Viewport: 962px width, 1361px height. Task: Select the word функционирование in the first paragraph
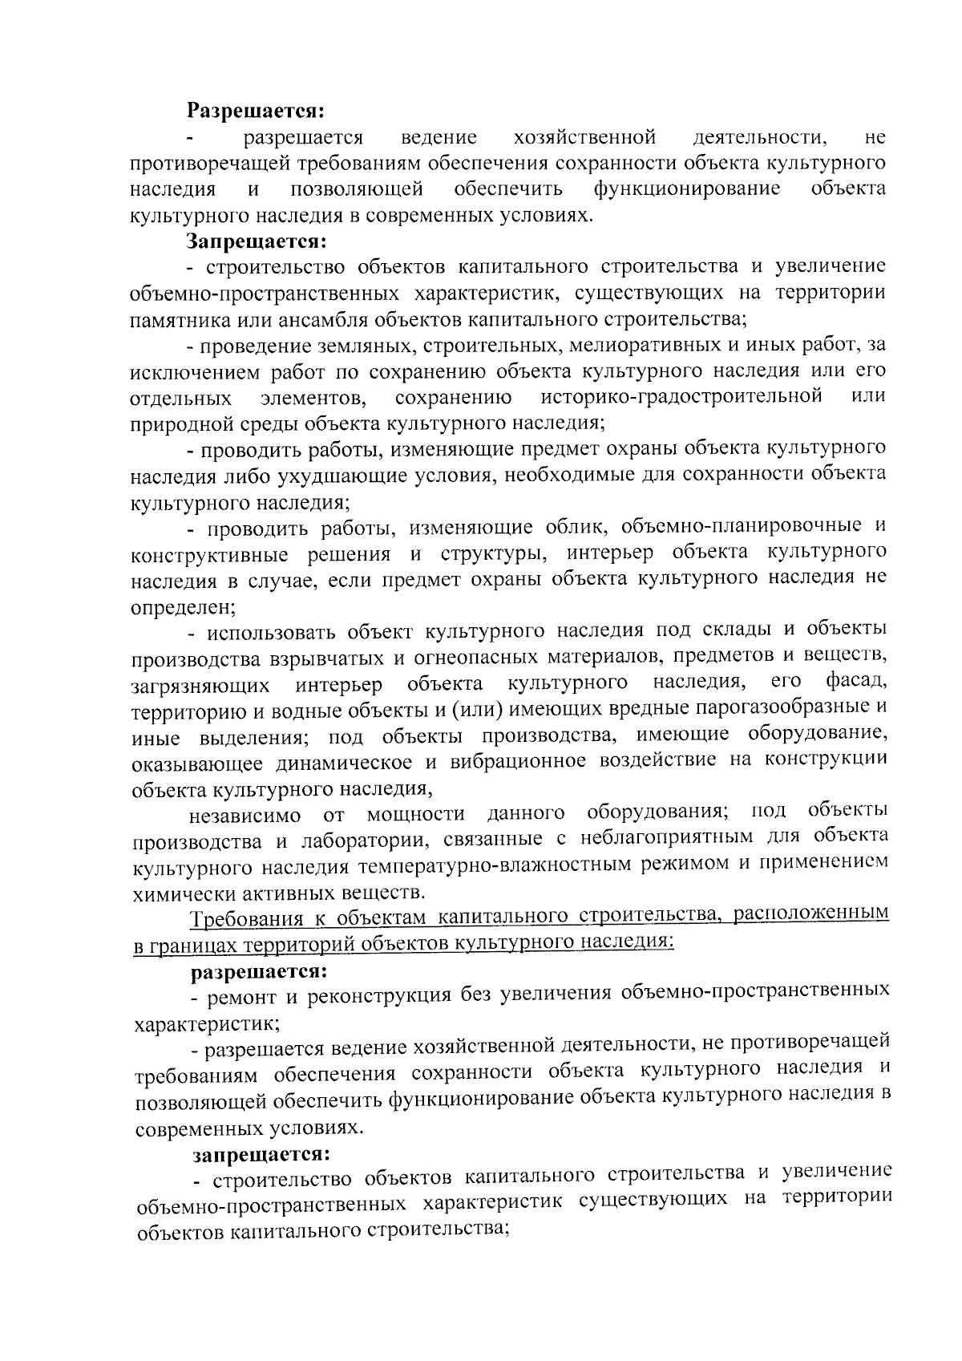tap(686, 188)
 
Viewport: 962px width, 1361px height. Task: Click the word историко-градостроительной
tap(681, 396)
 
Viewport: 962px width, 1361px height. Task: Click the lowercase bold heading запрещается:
tap(261, 1155)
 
